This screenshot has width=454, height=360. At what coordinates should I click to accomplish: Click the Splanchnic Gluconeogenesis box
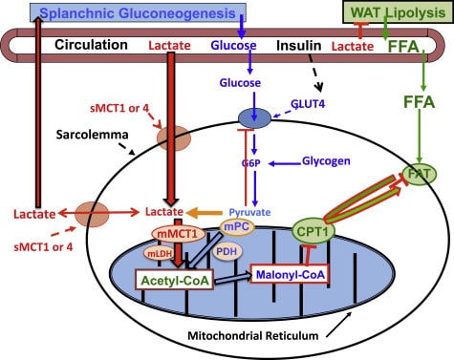click(138, 12)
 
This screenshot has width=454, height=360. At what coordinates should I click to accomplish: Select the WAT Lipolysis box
click(398, 12)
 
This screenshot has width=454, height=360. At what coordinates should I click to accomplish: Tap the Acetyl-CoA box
click(175, 280)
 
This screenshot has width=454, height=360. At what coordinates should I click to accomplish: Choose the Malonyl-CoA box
click(291, 274)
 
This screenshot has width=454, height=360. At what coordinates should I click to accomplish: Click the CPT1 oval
click(313, 231)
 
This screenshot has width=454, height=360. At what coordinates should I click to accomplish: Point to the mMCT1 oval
click(179, 234)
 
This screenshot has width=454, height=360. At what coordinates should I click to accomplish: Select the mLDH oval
click(161, 253)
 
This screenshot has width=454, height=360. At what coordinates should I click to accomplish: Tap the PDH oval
click(227, 252)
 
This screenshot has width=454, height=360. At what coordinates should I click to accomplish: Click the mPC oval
click(237, 227)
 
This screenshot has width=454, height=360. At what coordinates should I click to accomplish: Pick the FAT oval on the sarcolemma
click(420, 174)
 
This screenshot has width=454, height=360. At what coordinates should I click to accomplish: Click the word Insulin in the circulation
click(298, 46)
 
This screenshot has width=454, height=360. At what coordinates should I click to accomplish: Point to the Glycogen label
click(326, 161)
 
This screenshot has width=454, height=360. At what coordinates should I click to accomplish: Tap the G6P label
click(250, 163)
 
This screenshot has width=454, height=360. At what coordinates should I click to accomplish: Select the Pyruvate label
click(249, 212)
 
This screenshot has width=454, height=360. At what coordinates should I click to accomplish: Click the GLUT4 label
click(308, 104)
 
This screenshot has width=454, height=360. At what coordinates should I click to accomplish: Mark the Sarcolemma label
click(92, 135)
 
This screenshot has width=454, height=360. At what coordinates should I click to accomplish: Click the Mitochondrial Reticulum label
click(253, 336)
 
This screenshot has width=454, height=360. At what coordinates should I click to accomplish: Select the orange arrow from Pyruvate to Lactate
click(204, 212)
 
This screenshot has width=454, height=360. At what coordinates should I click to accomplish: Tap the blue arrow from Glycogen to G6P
click(284, 163)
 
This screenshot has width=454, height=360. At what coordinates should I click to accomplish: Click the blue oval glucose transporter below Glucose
click(254, 117)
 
